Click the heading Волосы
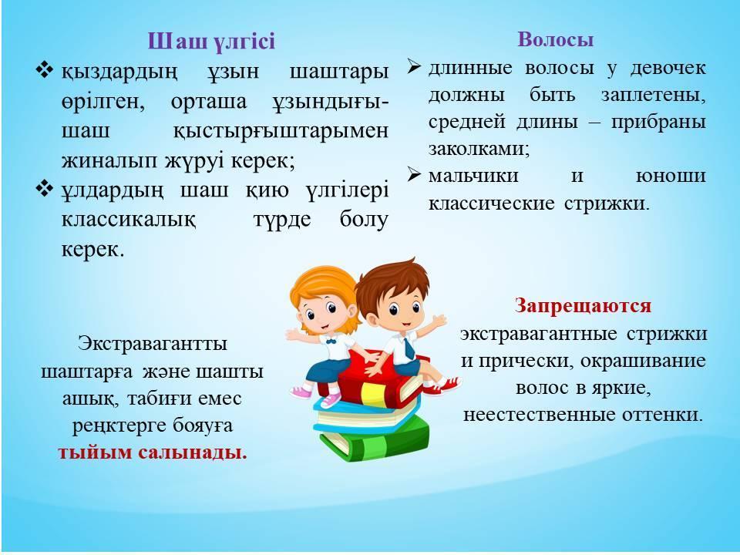(556, 39)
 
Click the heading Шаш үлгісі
(211, 41)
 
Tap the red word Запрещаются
(583, 305)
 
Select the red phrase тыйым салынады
(153, 452)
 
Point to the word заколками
(479, 149)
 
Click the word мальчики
(473, 176)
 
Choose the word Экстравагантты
(153, 343)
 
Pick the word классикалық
(129, 220)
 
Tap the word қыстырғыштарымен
(281, 131)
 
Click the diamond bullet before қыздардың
(45, 70)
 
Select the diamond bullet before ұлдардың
(45, 189)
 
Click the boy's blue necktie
(409, 348)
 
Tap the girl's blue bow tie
(330, 339)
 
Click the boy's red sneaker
(447, 385)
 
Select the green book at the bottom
(375, 441)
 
